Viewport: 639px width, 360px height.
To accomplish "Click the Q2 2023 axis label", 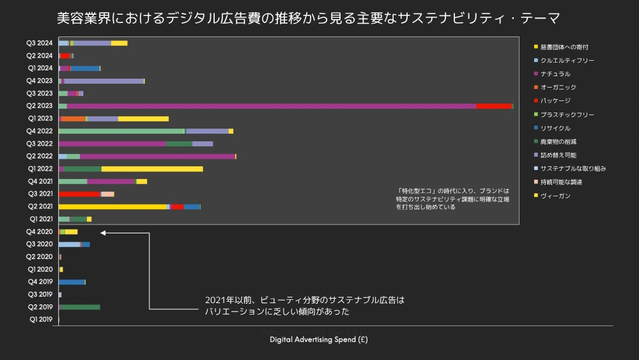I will [40, 106].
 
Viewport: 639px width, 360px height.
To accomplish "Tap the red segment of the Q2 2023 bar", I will [493, 106].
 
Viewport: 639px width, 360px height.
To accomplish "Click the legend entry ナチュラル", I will [555, 74].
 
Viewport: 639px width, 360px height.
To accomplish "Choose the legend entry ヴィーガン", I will [555, 196].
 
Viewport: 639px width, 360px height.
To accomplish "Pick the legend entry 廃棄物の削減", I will [558, 141].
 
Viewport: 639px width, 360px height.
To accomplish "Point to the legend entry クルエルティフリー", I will [567, 60].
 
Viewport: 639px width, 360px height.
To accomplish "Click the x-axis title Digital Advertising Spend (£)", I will [318, 340].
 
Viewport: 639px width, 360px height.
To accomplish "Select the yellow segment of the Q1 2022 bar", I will [152, 169].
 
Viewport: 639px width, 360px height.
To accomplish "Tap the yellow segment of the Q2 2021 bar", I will [112, 207].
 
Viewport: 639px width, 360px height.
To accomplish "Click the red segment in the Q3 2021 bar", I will [79, 194].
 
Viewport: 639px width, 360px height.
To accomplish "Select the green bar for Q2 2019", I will [80, 307].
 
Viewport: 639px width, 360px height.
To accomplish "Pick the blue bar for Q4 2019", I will [72, 282].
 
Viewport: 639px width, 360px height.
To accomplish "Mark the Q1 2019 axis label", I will [41, 320].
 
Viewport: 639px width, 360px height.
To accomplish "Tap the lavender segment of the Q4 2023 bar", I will [104, 81].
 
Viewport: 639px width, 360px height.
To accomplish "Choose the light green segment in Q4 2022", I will [121, 131].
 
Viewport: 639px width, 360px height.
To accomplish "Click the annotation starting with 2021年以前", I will [305, 306].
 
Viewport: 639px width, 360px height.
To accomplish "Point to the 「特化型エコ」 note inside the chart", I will [452, 199].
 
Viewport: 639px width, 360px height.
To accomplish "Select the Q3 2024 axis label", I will [40, 43].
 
